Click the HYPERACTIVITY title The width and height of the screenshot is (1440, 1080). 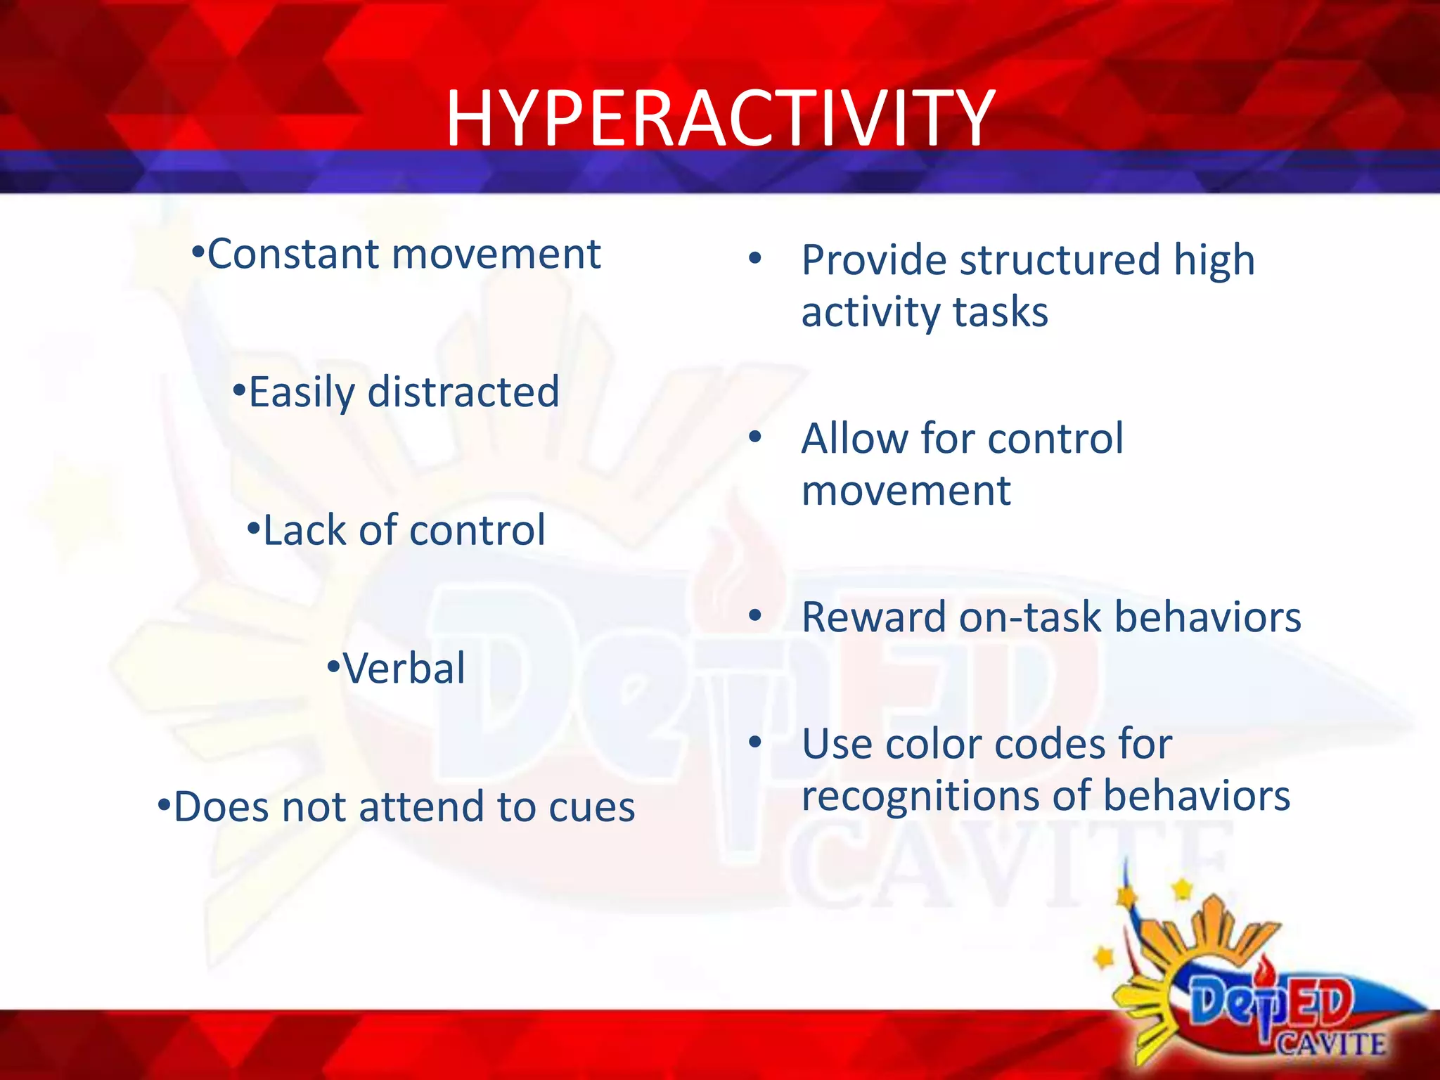tap(720, 118)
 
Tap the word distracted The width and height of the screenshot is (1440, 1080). tap(463, 392)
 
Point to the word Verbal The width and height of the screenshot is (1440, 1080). tap(404, 668)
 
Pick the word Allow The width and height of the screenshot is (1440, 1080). tap(855, 439)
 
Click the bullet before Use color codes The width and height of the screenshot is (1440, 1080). tap(755, 742)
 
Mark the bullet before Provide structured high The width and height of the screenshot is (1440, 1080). tap(755, 258)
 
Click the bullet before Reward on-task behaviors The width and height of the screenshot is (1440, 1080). tap(755, 616)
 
